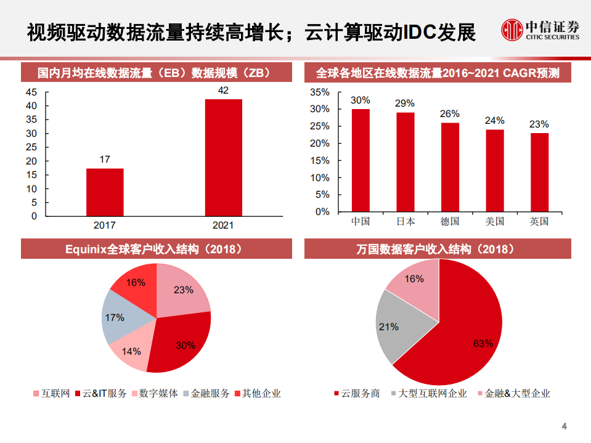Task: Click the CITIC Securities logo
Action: pos(540,30)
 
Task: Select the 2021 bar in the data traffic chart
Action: pos(223,157)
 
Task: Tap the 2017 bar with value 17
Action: pos(105,192)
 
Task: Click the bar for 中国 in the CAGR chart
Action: pos(361,160)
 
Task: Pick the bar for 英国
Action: pos(539,172)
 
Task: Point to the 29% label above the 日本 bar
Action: pos(405,104)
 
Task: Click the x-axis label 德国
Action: pos(450,221)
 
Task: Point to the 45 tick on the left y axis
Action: pos(31,92)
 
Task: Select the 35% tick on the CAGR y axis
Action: pos(320,92)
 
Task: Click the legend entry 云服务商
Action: pos(357,393)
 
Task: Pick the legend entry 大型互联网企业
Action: pos(428,393)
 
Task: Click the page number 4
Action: pos(564,426)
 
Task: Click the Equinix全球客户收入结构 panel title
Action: pos(153,249)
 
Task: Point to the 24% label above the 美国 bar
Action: pos(494,121)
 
